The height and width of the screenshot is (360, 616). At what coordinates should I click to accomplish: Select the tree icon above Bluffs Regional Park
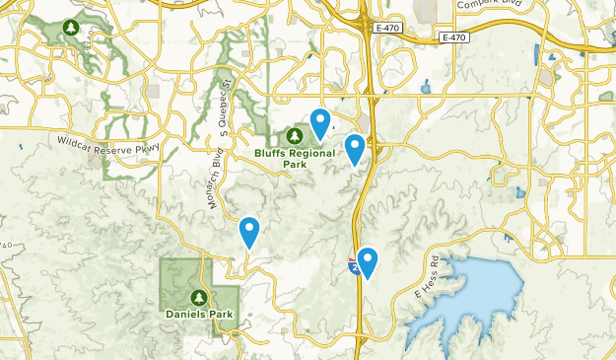[294, 134]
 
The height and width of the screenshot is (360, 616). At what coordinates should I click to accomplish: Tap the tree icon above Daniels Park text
[199, 297]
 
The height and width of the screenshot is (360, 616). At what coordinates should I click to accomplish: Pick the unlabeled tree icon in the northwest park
[70, 27]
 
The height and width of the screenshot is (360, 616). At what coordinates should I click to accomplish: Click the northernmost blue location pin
[320, 122]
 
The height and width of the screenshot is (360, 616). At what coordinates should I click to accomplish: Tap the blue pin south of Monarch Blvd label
[249, 232]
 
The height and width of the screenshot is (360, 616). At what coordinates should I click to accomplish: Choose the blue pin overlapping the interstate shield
[368, 261]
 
